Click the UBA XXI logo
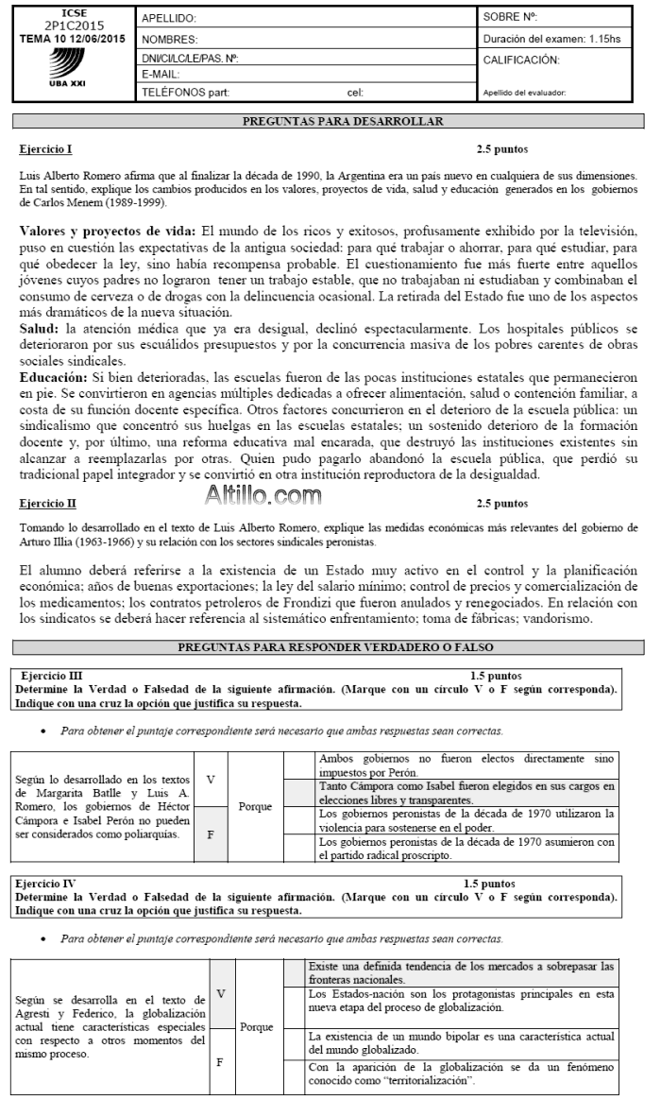[x=66, y=68]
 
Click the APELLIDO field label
[x=168, y=18]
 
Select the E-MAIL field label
[x=161, y=73]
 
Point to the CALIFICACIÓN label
[x=520, y=60]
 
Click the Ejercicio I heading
[x=45, y=149]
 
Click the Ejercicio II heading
[x=47, y=504]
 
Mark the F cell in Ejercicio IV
[x=220, y=1060]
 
